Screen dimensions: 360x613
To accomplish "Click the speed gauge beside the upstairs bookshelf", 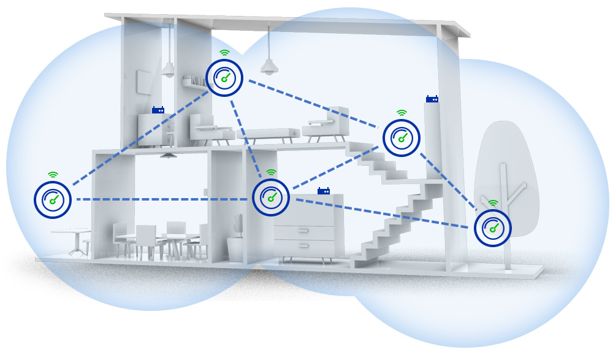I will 224,77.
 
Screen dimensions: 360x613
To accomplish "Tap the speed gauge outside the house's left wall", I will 52,199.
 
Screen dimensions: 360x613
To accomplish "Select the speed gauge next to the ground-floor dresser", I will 271,197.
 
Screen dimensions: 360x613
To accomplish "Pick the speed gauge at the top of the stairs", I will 402,139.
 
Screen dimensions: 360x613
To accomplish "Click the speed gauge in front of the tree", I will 493,228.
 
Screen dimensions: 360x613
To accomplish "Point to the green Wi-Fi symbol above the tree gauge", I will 493,203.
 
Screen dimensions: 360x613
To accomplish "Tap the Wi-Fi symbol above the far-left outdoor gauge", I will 53,175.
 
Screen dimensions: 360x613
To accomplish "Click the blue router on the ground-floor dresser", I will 324,191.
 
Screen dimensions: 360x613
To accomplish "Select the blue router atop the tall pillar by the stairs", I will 433,98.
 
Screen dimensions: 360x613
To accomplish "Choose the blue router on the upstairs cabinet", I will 158,110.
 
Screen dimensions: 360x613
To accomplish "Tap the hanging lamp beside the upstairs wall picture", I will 167,69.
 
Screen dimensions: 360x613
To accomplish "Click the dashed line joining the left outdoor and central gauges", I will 159,199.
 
